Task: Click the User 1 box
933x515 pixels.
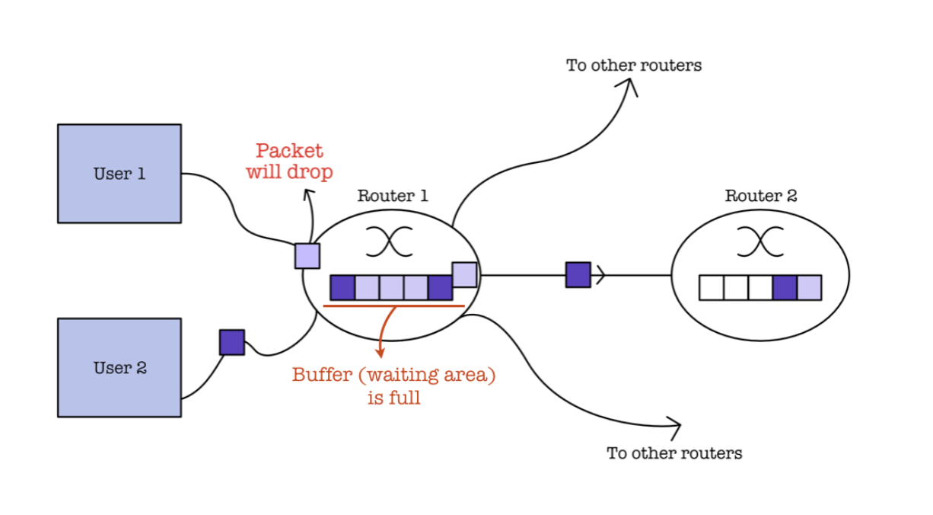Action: click(x=119, y=174)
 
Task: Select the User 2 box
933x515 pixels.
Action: click(x=119, y=368)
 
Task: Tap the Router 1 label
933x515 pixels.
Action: click(x=393, y=196)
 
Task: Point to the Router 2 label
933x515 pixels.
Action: click(x=761, y=196)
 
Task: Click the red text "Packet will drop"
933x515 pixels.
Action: click(x=289, y=162)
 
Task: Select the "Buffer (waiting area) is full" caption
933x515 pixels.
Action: click(x=394, y=385)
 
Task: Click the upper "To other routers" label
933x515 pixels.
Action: click(x=634, y=66)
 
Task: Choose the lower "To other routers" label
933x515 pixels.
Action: click(x=674, y=453)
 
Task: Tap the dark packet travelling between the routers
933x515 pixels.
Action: click(x=578, y=275)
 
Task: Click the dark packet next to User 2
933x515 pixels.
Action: click(x=232, y=342)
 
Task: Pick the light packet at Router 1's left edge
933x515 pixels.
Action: click(x=307, y=256)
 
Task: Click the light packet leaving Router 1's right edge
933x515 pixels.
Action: click(x=464, y=275)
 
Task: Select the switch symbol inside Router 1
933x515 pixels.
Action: click(x=390, y=242)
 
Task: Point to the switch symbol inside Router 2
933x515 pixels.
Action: click(x=760, y=242)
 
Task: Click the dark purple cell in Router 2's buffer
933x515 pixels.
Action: click(x=785, y=287)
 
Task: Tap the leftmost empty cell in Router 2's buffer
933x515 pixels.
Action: click(x=712, y=287)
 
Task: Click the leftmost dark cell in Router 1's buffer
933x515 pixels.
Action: click(x=342, y=287)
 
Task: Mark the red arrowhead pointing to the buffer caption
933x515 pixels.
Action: click(x=380, y=352)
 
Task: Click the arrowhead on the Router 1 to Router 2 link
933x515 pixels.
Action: click(x=600, y=275)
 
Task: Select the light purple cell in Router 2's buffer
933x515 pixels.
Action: click(x=810, y=287)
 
